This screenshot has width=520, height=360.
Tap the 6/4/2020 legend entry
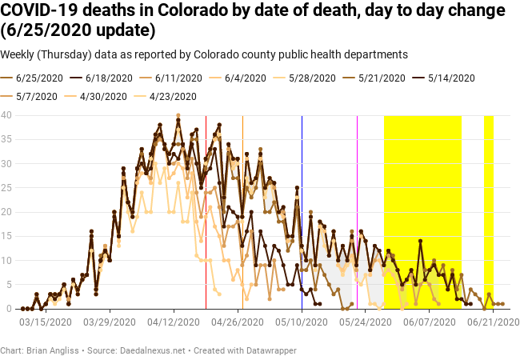[245, 78]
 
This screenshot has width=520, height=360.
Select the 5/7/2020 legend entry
[37, 96]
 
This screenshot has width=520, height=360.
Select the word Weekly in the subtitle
[20, 54]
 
